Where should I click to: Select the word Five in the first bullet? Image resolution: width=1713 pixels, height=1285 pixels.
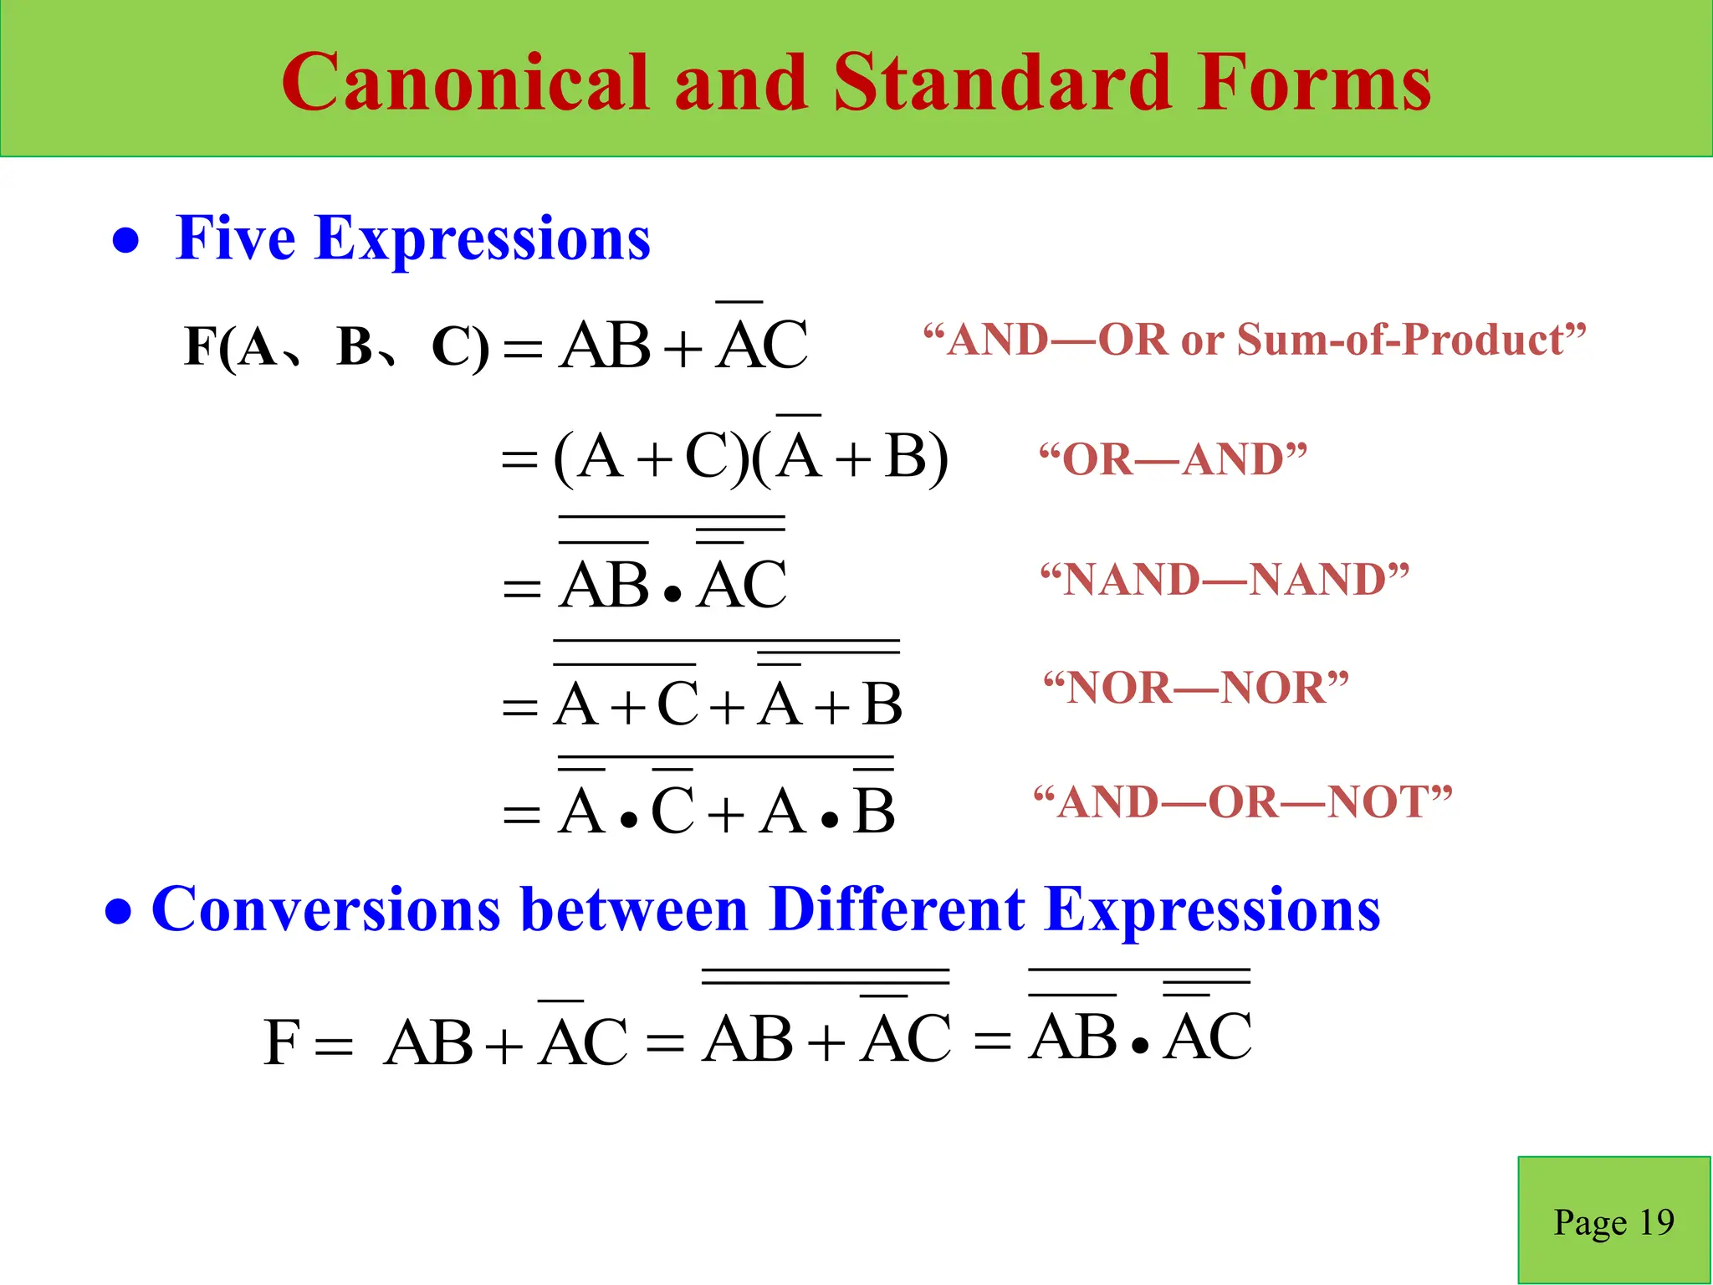235,238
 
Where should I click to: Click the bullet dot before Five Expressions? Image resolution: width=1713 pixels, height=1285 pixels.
125,242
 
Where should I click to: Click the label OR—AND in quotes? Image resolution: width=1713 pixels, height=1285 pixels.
1173,459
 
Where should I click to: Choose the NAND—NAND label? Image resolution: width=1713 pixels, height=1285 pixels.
1225,579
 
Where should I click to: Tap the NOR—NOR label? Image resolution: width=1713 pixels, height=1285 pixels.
1196,688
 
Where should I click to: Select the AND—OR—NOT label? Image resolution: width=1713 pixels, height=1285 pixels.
1243,801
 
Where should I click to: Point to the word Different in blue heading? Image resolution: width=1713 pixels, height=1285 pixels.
896,909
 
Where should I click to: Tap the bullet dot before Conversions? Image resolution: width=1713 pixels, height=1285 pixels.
119,912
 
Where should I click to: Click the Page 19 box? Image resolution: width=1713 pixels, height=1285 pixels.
1613,1221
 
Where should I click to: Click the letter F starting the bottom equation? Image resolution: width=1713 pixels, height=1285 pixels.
281,1042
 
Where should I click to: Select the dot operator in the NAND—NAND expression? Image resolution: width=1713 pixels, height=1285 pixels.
672,595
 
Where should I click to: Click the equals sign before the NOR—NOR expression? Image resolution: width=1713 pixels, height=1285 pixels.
519,709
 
